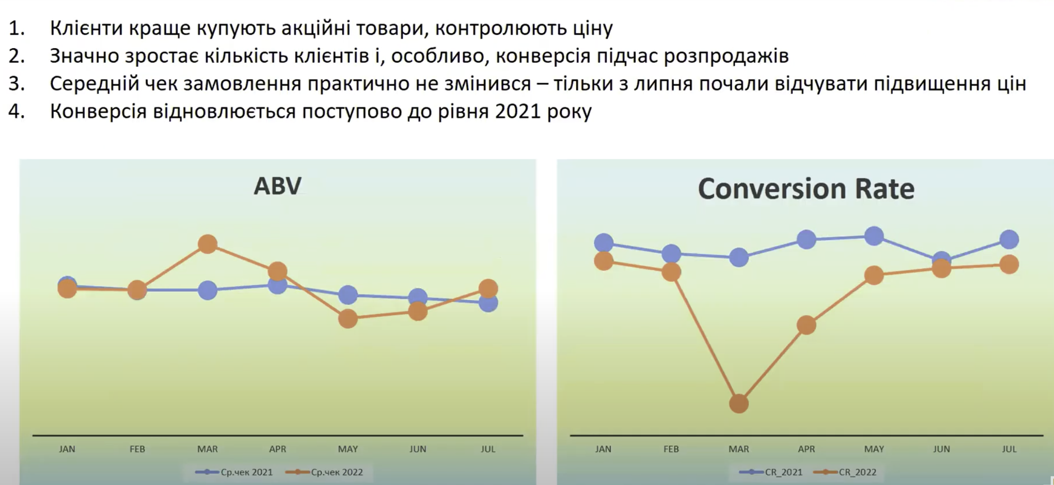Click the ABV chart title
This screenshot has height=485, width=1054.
coord(277,186)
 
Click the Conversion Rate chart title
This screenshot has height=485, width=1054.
coord(806,188)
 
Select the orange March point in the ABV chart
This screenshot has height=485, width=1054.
coord(207,244)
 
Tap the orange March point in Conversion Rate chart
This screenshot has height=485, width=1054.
coord(739,404)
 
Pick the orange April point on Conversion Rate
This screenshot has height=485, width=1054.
coord(806,325)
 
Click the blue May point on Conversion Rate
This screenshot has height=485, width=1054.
coord(874,236)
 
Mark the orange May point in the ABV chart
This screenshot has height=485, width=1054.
coord(348,318)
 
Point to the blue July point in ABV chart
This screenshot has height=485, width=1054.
coord(488,303)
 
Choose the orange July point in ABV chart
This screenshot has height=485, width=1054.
coord(488,288)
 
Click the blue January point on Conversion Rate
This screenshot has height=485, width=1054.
coord(604,243)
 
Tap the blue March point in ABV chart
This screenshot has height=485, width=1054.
coord(207,290)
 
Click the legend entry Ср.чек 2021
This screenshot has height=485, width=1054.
coord(234,472)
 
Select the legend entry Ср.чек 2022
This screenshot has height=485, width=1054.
coord(324,472)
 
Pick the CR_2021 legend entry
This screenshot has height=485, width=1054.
coord(771,472)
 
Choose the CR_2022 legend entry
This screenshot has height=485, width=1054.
coord(844,472)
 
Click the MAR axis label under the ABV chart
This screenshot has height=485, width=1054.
coord(207,449)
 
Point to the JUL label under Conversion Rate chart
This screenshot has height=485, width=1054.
coord(1009,449)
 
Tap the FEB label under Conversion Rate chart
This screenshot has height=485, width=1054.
coord(671,449)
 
